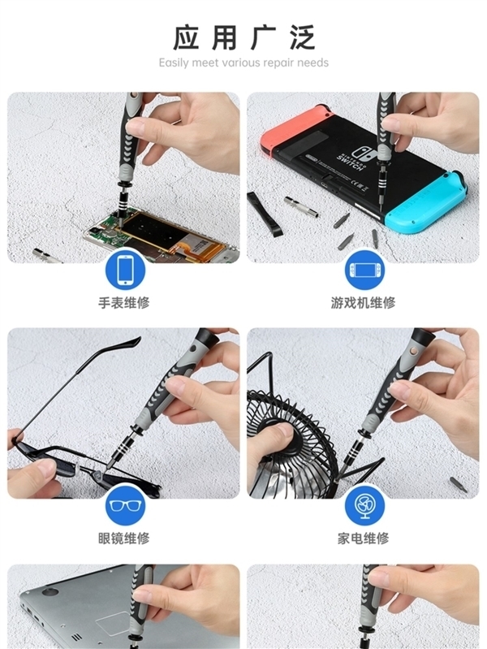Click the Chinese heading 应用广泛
(243, 37)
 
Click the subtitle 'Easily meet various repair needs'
(243, 63)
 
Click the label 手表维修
(123, 303)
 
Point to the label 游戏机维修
(363, 303)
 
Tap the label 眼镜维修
(123, 538)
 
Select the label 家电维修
(363, 538)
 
